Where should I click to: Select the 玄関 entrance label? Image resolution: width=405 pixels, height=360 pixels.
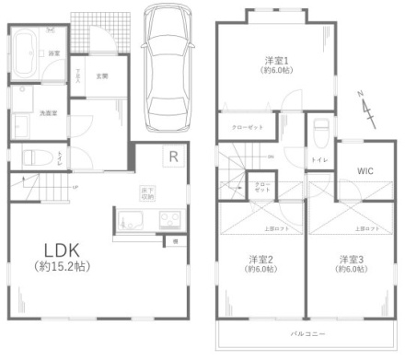click(101, 75)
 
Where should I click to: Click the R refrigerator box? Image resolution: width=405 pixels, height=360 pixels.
click(172, 157)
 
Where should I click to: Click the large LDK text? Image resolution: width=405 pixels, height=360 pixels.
click(56, 251)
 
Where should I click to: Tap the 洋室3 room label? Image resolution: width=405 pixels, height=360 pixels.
click(348, 258)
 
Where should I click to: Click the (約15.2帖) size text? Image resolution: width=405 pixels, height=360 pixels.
click(56, 269)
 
